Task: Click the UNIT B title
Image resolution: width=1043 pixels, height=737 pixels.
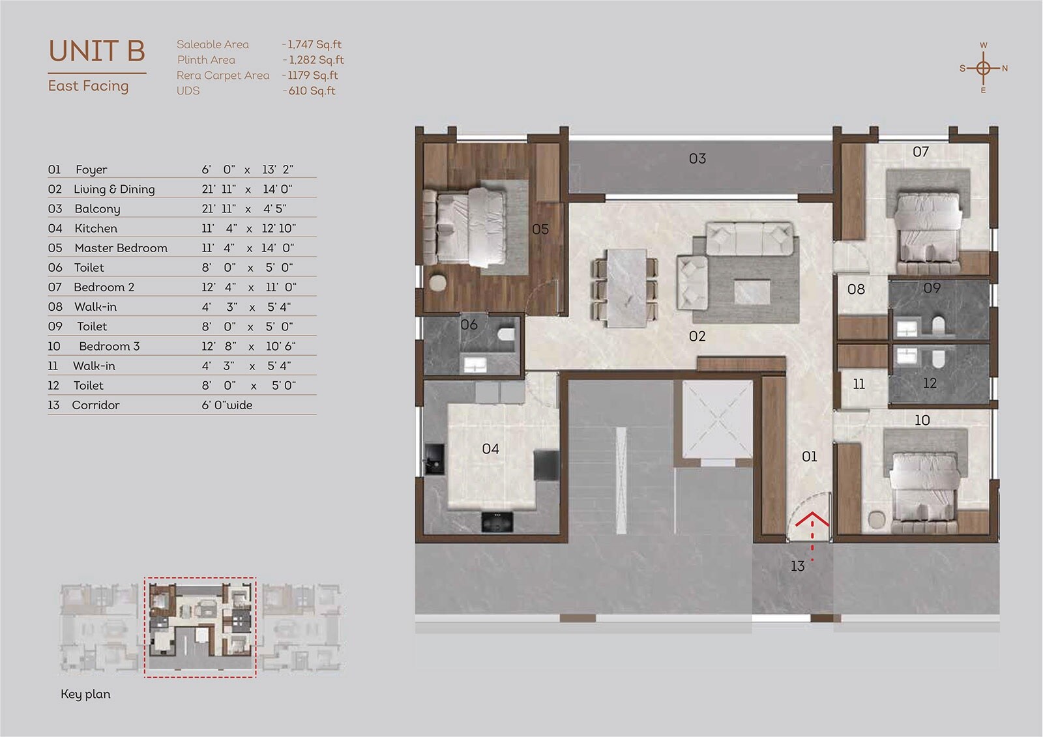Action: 96,51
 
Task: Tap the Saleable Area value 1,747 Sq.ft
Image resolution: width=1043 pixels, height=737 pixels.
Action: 314,44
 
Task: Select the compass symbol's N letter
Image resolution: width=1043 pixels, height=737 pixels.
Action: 1005,68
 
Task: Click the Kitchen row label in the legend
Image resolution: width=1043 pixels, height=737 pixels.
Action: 96,228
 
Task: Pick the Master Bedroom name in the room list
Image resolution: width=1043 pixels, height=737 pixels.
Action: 121,248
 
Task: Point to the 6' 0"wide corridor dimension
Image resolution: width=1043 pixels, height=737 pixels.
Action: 227,405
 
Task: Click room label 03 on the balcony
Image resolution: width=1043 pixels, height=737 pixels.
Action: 697,158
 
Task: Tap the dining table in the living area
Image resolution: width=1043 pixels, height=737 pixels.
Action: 627,287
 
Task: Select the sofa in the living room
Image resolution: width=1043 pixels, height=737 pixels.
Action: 750,240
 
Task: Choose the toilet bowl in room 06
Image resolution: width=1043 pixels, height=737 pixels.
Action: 505,336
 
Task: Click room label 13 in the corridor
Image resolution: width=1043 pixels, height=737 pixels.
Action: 797,566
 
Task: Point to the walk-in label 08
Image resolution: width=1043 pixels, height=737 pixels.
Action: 856,289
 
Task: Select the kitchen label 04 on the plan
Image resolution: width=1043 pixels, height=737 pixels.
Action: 490,448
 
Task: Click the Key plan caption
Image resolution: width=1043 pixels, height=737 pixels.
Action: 85,694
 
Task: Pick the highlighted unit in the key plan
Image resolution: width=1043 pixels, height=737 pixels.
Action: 200,627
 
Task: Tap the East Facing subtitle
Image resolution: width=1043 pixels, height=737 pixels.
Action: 88,86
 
